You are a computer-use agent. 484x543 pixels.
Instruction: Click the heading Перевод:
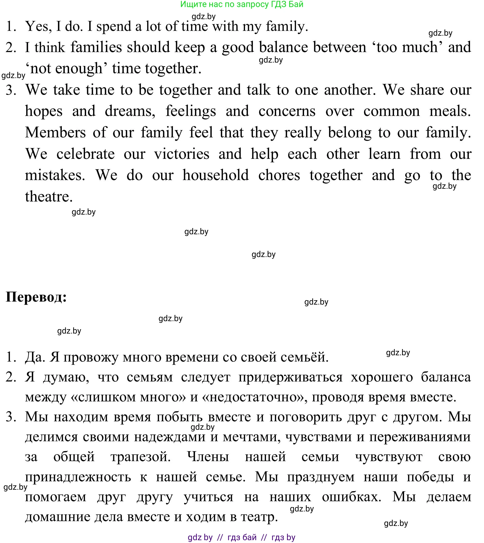coord(36,297)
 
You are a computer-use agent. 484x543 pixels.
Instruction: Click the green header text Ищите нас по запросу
coord(242,4)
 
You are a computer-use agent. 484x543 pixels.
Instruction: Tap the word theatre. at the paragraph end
coord(49,197)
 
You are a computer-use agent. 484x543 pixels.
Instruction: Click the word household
coord(215,175)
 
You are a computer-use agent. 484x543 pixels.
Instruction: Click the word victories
coord(182,154)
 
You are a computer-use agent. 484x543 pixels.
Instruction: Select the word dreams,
coord(130,111)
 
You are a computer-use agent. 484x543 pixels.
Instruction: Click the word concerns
coord(287,111)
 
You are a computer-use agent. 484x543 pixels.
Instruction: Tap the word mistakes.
coord(55,175)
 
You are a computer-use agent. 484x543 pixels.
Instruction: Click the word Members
coord(55,132)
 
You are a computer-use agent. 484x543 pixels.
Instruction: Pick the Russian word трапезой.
coord(140,457)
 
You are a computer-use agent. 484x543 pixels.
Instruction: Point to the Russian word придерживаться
coord(290,377)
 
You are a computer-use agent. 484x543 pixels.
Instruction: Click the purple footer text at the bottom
coord(241,537)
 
